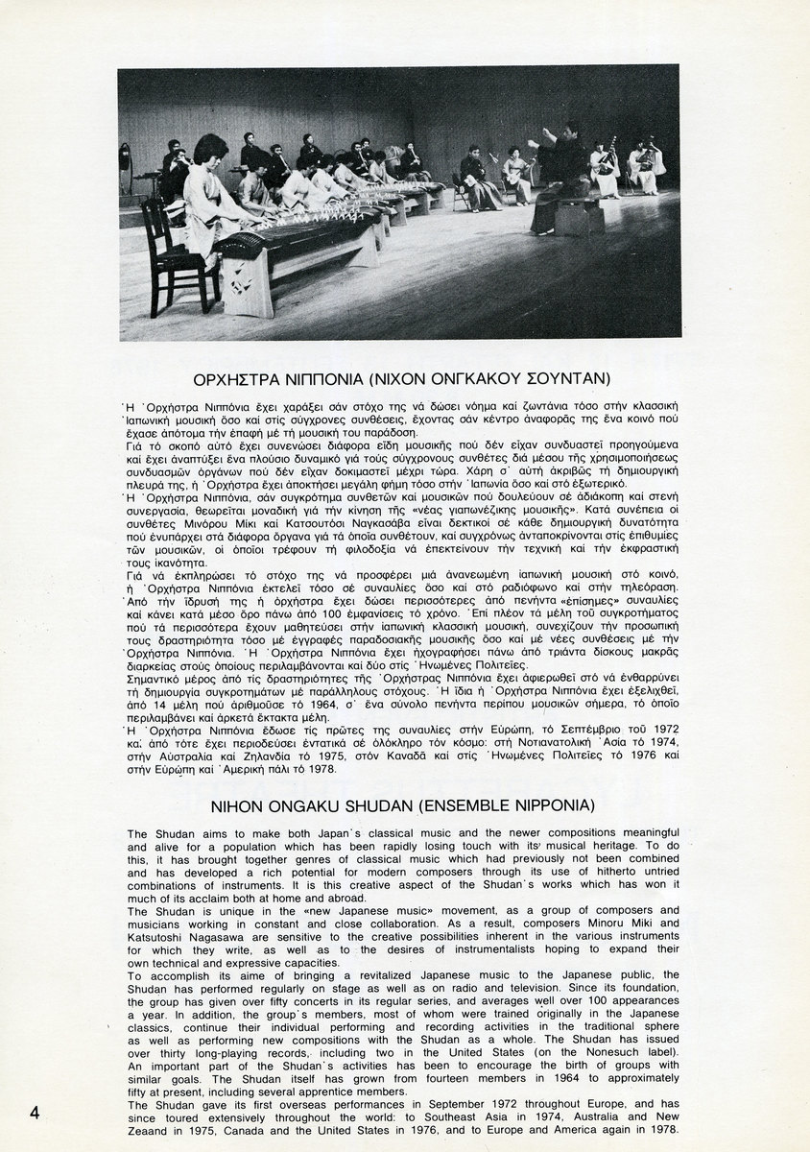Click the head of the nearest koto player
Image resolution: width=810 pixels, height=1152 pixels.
coord(210,150)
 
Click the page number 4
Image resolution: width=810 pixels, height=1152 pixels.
coord(35,1113)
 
